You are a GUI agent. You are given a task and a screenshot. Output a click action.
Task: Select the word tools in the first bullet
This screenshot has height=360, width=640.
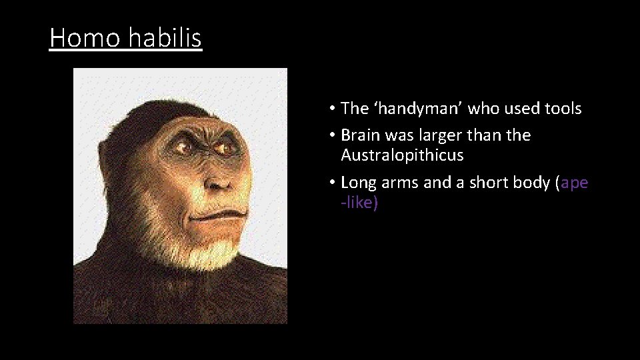(x=561, y=109)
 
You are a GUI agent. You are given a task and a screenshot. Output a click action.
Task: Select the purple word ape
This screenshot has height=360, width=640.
(x=575, y=183)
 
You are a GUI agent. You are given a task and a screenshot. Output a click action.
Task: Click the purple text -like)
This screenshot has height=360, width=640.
(x=359, y=203)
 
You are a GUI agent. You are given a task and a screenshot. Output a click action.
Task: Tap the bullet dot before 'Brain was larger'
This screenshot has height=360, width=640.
(x=331, y=136)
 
